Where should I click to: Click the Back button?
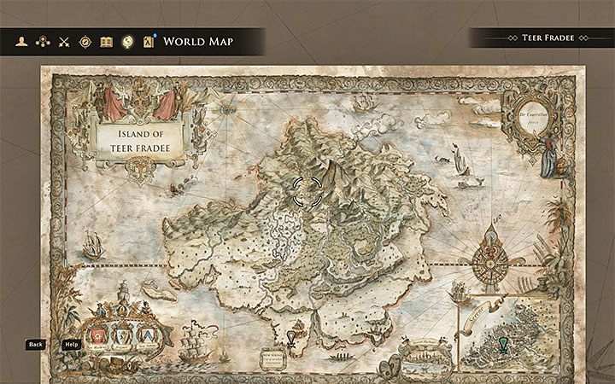coord(35,344)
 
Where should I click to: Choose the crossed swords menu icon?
coord(63,41)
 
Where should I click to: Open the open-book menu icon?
coord(106,41)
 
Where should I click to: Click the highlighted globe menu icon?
coord(127,41)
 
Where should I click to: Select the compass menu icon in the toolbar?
coord(85,41)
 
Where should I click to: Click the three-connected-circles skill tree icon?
coord(43,41)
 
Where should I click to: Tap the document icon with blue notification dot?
coord(149,41)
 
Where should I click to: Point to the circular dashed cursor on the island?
coord(307,192)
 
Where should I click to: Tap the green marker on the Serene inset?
coord(502,344)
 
